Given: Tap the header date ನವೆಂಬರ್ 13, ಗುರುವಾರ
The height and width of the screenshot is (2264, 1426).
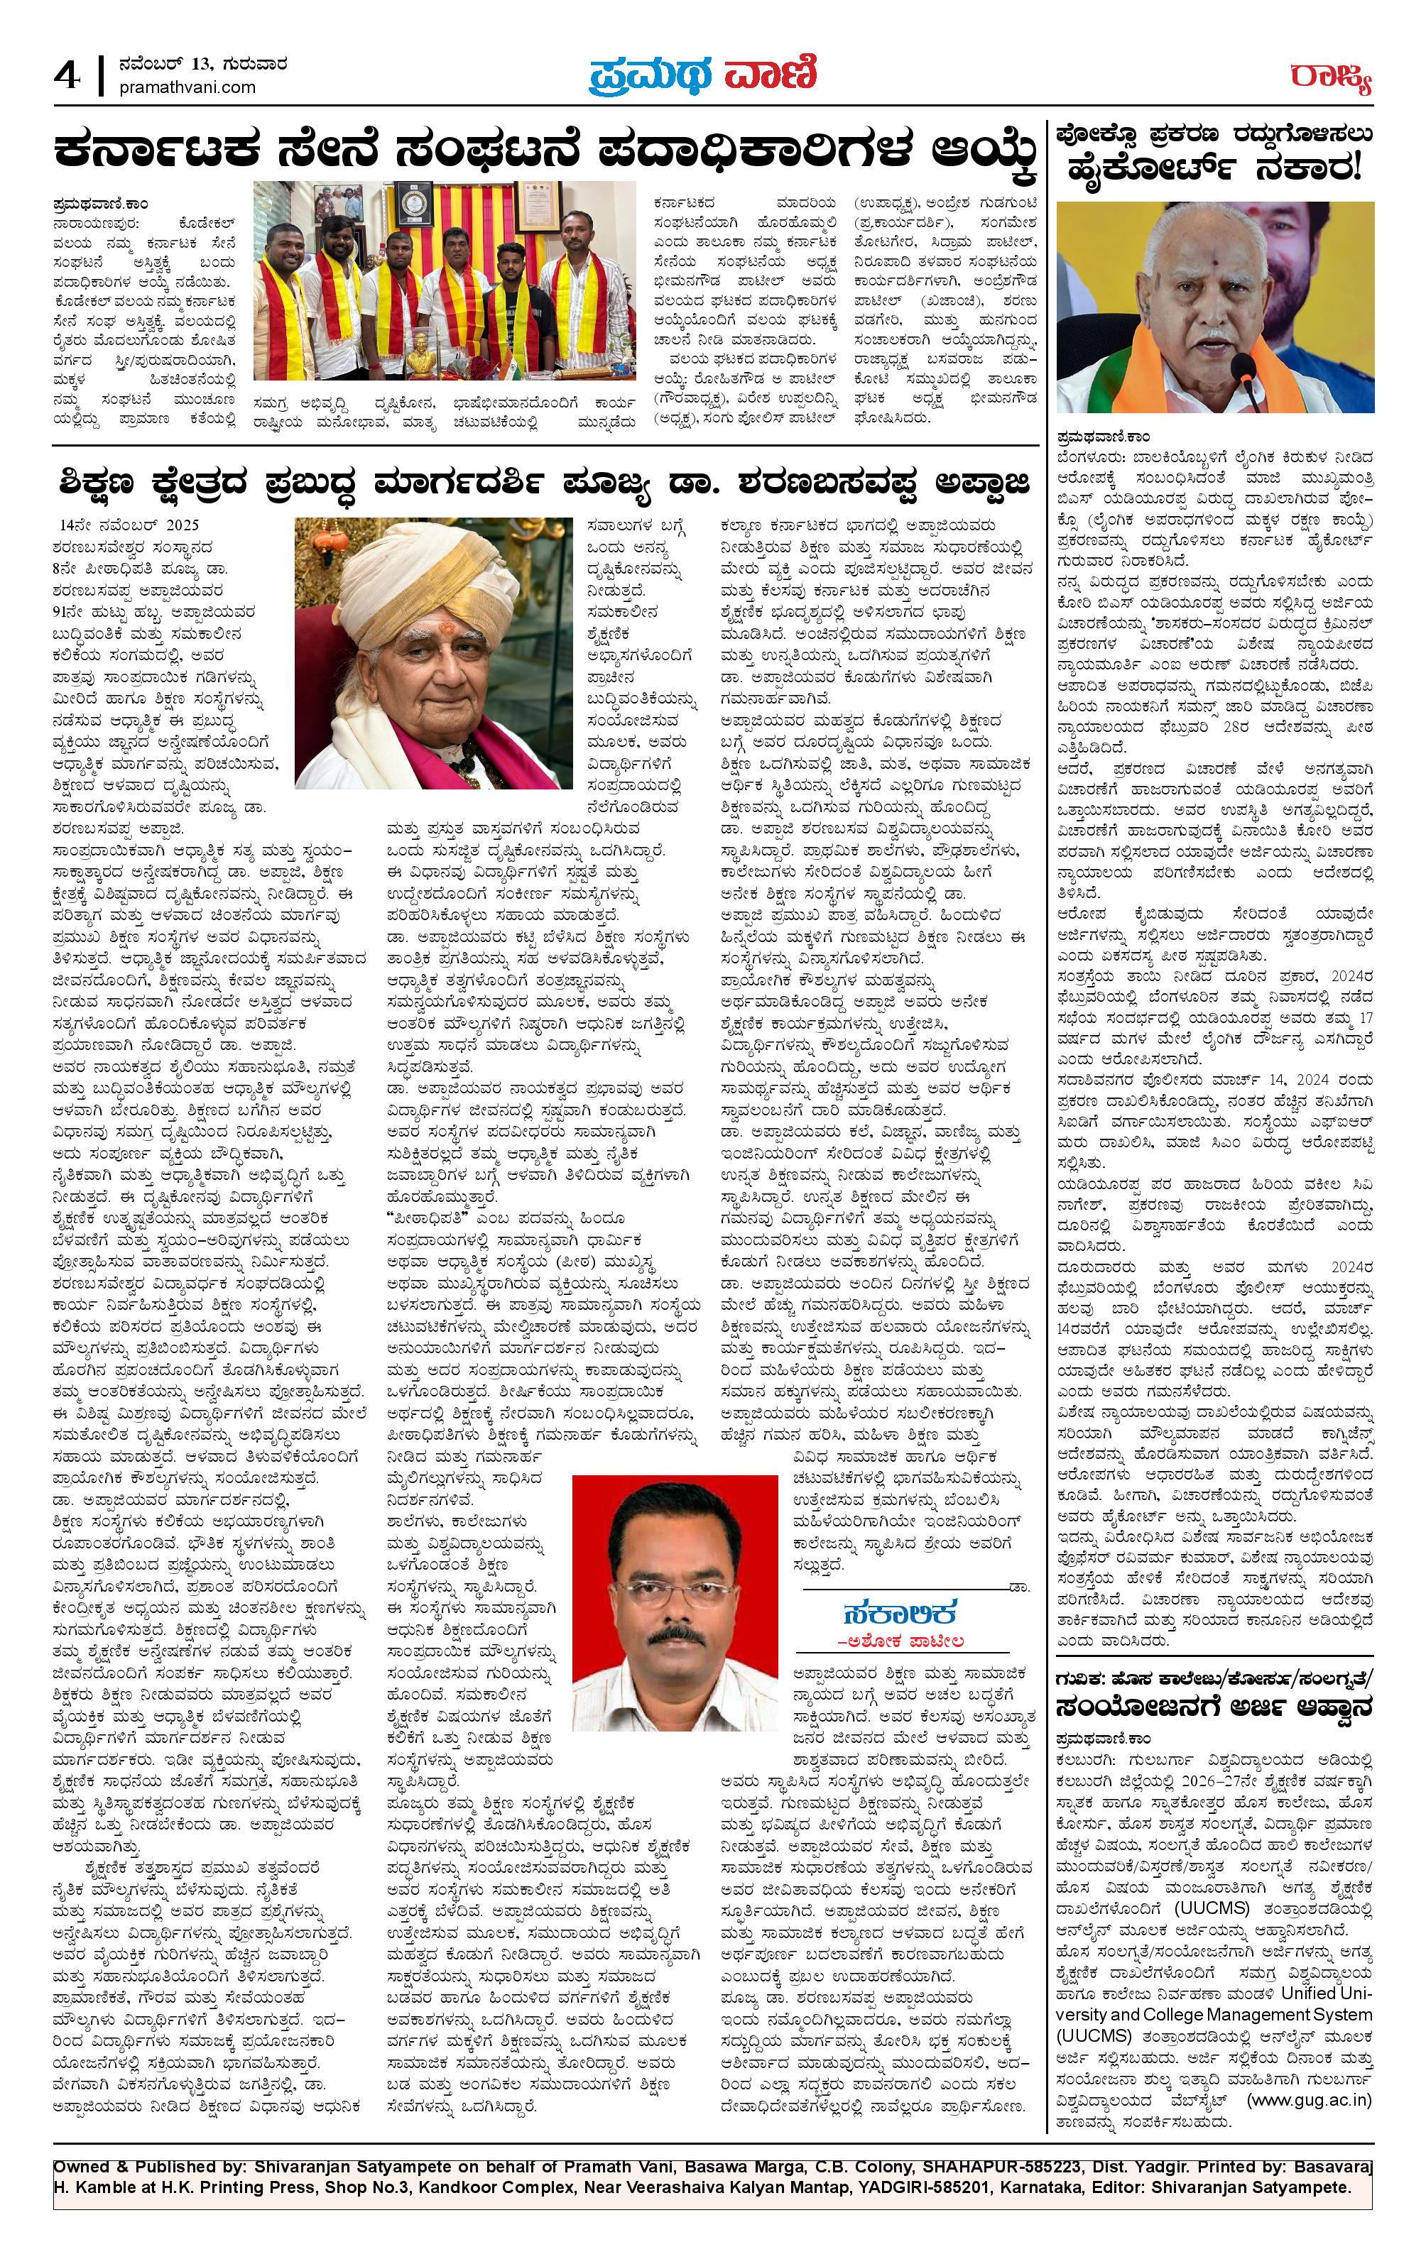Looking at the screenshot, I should click(x=203, y=65).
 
